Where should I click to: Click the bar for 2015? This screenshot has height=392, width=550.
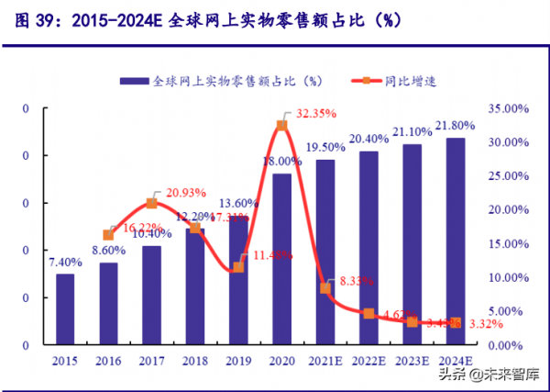(x=65, y=308)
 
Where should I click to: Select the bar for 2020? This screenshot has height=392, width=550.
(x=281, y=259)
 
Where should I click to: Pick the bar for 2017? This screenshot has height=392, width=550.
(x=151, y=295)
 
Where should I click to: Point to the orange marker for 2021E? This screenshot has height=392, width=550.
(x=324, y=288)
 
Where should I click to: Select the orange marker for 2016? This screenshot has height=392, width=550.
(x=108, y=235)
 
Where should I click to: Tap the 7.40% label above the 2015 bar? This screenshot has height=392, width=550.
(x=65, y=262)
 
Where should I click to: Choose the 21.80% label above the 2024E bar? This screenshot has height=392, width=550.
(x=456, y=125)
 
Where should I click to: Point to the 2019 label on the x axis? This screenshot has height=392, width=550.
(x=237, y=361)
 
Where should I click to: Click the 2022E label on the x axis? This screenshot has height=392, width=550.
(x=368, y=361)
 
